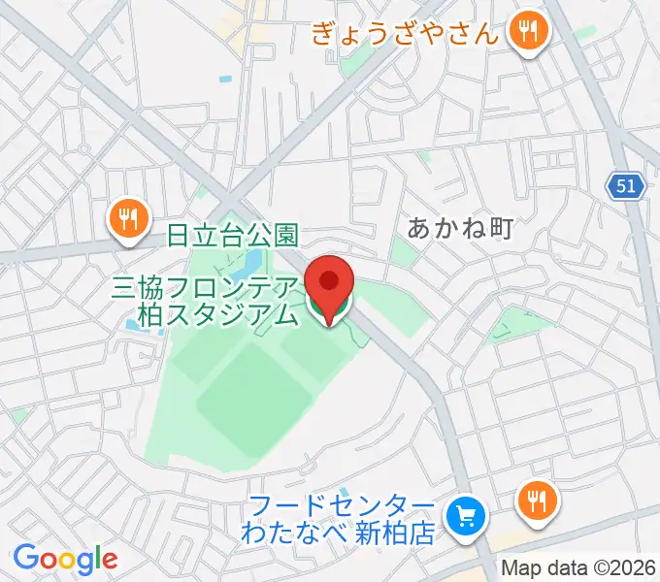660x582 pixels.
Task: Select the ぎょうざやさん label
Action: click(x=406, y=35)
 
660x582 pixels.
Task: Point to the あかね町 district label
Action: click(x=458, y=229)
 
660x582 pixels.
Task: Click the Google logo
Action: click(x=65, y=558)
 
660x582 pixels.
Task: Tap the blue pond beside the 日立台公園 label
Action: click(x=250, y=262)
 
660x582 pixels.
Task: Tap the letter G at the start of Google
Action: click(x=26, y=558)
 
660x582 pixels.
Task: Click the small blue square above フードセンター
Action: click(x=347, y=492)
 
